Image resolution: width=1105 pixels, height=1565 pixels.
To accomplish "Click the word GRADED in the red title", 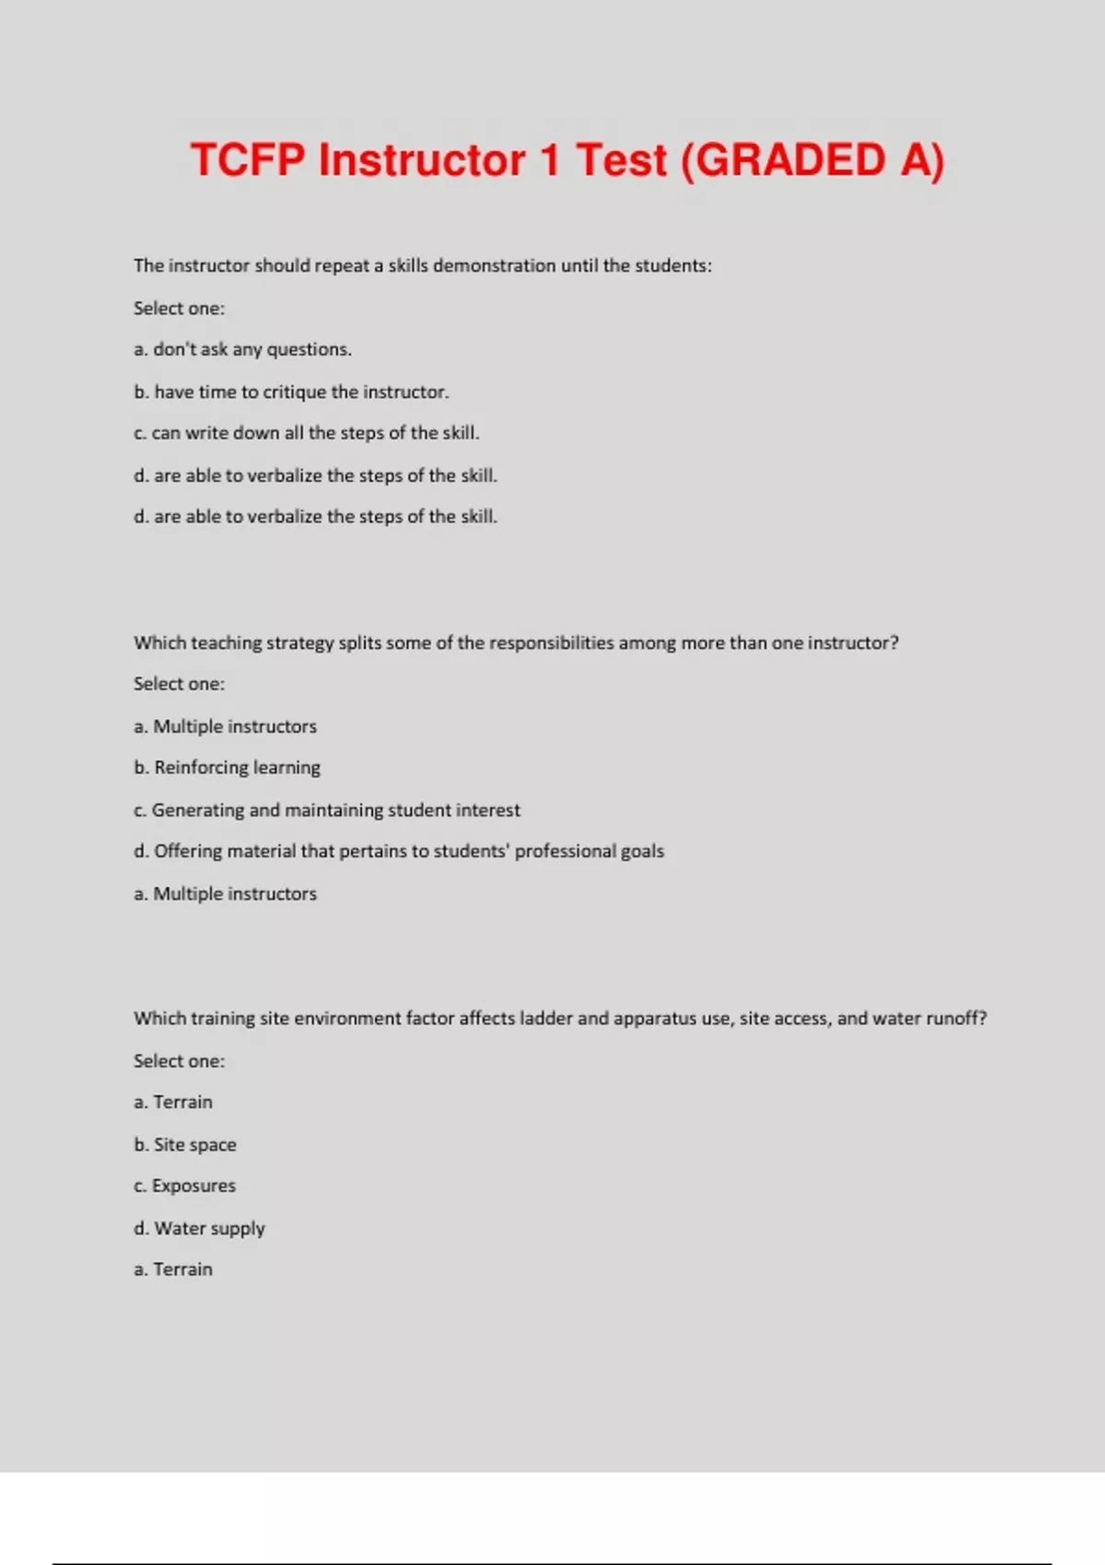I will coord(790,161).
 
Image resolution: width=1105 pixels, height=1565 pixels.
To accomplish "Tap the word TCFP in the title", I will coord(247,161).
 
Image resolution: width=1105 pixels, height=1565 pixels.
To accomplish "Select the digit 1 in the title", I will coord(550,161).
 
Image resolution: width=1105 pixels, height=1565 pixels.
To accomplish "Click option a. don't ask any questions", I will coord(242,350).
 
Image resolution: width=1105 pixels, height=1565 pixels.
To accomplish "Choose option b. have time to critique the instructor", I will coord(291,392).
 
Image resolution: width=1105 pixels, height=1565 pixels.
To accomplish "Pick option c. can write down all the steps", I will coord(306,434).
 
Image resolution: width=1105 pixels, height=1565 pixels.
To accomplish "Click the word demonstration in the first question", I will coord(494,266).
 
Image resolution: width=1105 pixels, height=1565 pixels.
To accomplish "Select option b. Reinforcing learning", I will coord(227,768).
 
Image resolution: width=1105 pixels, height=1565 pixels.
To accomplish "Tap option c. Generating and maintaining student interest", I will coord(326,810).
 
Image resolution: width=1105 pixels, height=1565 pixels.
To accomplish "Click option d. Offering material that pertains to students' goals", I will coord(398,852).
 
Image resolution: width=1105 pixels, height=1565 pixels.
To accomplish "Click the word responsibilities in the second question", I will coord(551,643).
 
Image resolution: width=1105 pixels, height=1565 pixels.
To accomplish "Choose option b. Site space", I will coord(184,1145).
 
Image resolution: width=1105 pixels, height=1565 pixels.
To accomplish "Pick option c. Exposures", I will coord(184,1187).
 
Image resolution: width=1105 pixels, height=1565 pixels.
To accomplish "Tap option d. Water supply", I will coord(199,1229).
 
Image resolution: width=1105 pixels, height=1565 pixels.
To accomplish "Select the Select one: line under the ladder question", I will coord(179,1061).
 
